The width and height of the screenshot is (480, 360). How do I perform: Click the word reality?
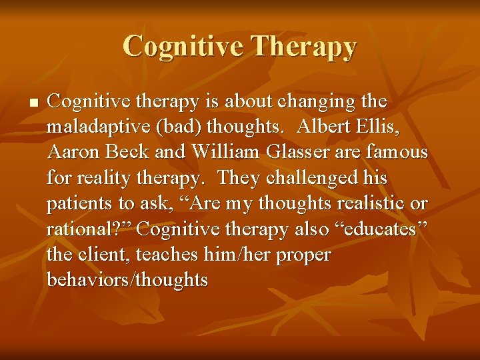[x=105, y=179]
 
